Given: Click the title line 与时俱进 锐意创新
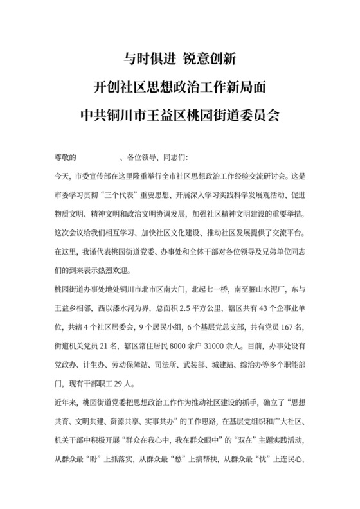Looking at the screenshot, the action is click(x=180, y=59).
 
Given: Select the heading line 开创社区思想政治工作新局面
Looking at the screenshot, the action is click(x=180, y=87).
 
